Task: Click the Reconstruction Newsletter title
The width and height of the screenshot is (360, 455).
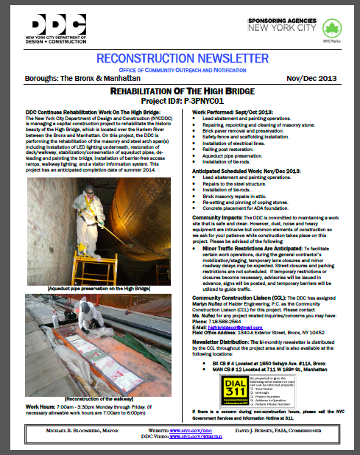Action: pyautogui.click(x=179, y=58)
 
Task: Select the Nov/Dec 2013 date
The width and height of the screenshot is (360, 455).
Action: pyautogui.click(x=319, y=77)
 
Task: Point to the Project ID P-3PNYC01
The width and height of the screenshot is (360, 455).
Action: pyautogui.click(x=180, y=101)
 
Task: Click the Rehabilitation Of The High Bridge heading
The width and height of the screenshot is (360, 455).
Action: pyautogui.click(x=180, y=91)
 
